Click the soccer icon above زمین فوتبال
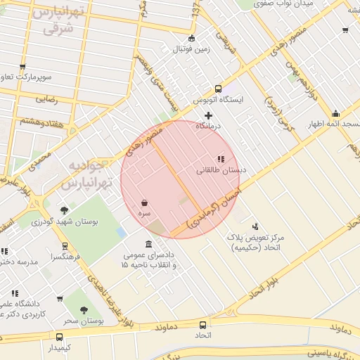[x=192, y=38]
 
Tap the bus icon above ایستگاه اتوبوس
[x=218, y=89]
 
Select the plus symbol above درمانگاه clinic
[x=208, y=115]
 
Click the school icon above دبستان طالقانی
[x=220, y=160]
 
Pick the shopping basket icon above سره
[x=144, y=202]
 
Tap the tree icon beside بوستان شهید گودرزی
[x=64, y=210]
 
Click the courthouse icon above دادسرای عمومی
[x=150, y=243]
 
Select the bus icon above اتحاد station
[x=202, y=325]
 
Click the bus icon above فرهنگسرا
[x=65, y=246]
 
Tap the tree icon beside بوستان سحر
[x=84, y=309]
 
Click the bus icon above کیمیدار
[x=59, y=337]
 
